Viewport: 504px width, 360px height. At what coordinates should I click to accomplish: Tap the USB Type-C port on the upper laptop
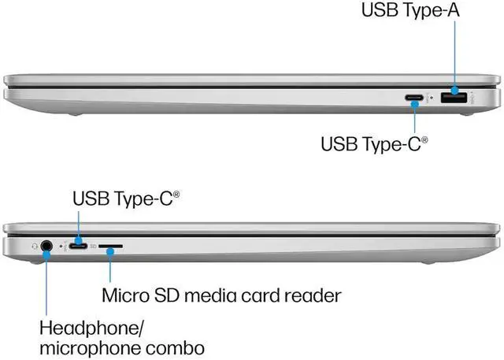(x=415, y=99)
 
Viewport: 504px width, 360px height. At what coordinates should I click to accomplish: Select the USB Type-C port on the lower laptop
(x=80, y=246)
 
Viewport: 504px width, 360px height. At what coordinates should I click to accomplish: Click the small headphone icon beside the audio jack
(x=34, y=245)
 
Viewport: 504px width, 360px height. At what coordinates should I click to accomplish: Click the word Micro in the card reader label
(x=127, y=296)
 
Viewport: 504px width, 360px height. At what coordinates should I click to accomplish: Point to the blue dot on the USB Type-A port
(x=455, y=97)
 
